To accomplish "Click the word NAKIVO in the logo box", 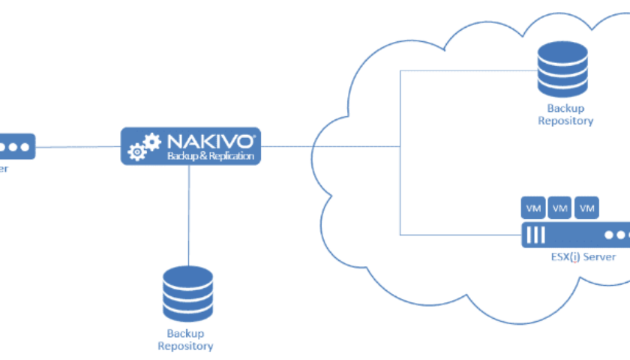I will click(x=212, y=140).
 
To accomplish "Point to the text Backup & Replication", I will click(x=211, y=157).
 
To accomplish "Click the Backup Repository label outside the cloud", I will click(x=184, y=340).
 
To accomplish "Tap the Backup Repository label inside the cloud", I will click(x=565, y=115).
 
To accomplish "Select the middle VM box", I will click(x=559, y=207).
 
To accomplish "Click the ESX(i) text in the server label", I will click(x=568, y=257).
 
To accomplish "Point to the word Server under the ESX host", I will click(x=601, y=257).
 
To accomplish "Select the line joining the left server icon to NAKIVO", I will click(x=79, y=147).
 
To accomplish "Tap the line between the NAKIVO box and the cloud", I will click(x=289, y=147).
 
